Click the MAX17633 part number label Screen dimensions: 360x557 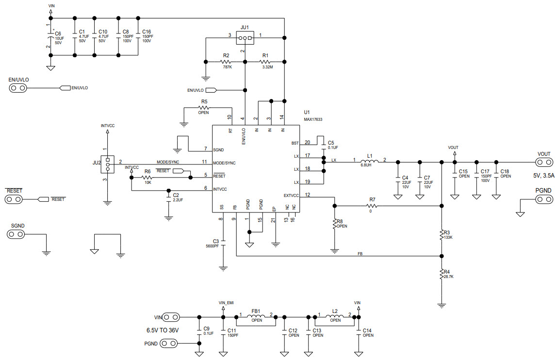click(x=313, y=119)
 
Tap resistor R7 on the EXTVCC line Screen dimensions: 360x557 click(x=372, y=206)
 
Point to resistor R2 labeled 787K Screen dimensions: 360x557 click(x=226, y=62)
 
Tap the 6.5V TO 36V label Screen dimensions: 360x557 click(x=163, y=330)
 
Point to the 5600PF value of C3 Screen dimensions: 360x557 click(x=212, y=246)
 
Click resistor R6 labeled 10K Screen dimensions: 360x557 click(x=147, y=178)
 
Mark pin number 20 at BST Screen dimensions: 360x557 click(x=307, y=142)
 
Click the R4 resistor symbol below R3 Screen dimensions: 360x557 click(x=441, y=275)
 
